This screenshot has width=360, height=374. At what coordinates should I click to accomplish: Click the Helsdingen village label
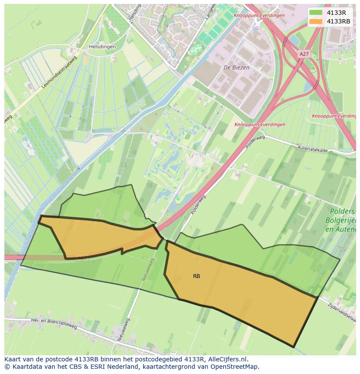[x=102, y=46]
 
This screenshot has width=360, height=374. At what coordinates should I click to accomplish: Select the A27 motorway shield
[x=304, y=53]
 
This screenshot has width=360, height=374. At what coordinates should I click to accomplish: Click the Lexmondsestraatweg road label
[x=60, y=72]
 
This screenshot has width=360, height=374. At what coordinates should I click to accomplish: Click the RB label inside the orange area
[x=197, y=276]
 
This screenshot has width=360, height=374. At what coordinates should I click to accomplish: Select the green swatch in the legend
[x=316, y=13]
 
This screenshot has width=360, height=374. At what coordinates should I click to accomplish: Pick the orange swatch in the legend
[x=316, y=21]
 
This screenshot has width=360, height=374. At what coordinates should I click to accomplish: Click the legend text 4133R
[x=336, y=13]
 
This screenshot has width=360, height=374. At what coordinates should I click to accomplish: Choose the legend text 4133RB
[x=338, y=21]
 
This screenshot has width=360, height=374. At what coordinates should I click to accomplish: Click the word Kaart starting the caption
[x=13, y=359]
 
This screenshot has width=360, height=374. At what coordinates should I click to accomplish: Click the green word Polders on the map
[x=343, y=212]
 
